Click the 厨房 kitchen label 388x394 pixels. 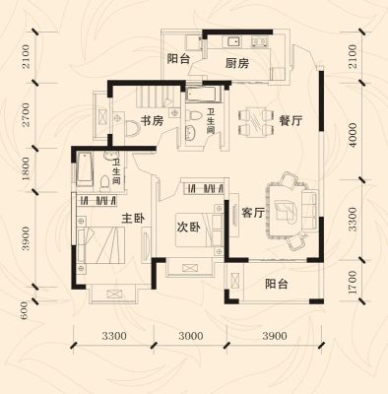pyautogui.click(x=237, y=63)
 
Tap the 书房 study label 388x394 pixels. pyautogui.click(x=152, y=120)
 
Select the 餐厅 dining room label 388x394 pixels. pyautogui.click(x=291, y=121)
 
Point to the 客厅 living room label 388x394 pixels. pyautogui.click(x=253, y=213)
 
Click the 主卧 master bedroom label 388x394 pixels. pyautogui.click(x=133, y=219)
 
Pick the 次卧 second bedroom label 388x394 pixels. pyautogui.click(x=189, y=228)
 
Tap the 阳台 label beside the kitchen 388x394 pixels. pyautogui.click(x=179, y=59)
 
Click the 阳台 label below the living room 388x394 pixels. pyautogui.click(x=277, y=284)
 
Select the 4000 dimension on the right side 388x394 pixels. pyautogui.click(x=353, y=135)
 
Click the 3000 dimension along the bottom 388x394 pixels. pyautogui.click(x=191, y=336)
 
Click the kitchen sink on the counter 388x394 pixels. pyautogui.click(x=232, y=41)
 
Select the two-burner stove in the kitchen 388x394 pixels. pyautogui.click(x=260, y=41)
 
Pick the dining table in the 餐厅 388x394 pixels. pyautogui.click(x=256, y=121)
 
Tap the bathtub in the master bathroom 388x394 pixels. pyautogui.click(x=85, y=168)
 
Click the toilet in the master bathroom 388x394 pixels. pyautogui.click(x=104, y=182)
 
